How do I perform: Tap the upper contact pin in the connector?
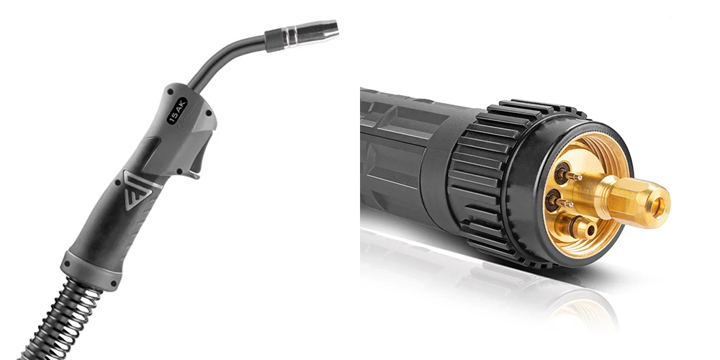[x=569, y=174]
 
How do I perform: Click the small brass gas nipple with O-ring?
[x=576, y=226]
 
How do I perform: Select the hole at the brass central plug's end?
[x=660, y=207]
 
